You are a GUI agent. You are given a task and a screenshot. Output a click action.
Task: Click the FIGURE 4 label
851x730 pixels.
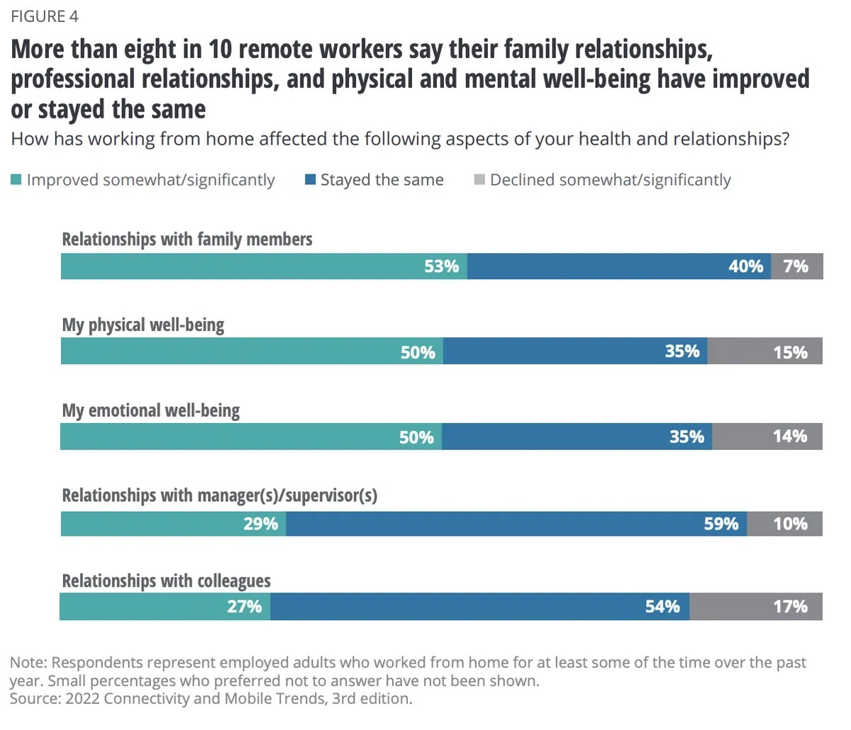point(45,16)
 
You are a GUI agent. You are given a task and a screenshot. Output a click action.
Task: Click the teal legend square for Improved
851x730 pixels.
point(16,180)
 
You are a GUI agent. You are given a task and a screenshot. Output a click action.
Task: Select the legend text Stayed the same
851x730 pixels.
point(382,180)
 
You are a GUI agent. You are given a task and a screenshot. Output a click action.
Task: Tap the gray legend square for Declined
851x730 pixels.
point(479,180)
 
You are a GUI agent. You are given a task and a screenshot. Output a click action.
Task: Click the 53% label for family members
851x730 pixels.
point(441,266)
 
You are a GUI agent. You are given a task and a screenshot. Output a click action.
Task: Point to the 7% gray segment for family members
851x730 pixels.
point(796,266)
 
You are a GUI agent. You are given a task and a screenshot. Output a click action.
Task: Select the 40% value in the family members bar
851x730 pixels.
point(745,266)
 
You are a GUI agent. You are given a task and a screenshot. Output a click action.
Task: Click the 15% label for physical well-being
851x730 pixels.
point(790,352)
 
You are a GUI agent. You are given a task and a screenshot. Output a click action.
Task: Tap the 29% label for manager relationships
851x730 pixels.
point(260,524)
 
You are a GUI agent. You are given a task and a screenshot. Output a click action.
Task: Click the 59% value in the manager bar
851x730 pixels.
point(721,524)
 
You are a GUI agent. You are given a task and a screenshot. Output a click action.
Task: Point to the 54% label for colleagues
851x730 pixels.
point(662,607)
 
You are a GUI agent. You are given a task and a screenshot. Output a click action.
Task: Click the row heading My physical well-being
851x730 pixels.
point(143,325)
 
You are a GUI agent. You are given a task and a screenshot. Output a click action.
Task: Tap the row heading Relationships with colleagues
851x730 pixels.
point(166,581)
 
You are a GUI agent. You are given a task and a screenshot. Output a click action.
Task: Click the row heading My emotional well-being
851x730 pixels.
point(151,410)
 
